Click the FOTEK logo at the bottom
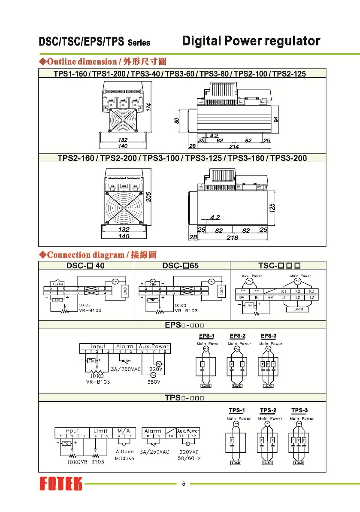pyautogui.click(x=61, y=484)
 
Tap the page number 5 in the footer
pyautogui.click(x=184, y=484)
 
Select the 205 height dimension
pyautogui.click(x=148, y=197)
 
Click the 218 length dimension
pyautogui.click(x=232, y=237)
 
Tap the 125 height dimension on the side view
pyautogui.click(x=272, y=208)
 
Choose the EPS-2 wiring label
pyautogui.click(x=237, y=336)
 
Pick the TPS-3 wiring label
pyautogui.click(x=299, y=410)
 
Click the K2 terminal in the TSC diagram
pyautogui.click(x=297, y=291)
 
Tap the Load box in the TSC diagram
pyautogui.click(x=298, y=309)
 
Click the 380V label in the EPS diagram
pyautogui.click(x=154, y=382)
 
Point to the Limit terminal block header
pyautogui.click(x=100, y=430)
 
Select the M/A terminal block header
pyautogui.click(x=124, y=430)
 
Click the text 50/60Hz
pyautogui.click(x=189, y=458)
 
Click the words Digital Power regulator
pyautogui.click(x=251, y=41)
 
